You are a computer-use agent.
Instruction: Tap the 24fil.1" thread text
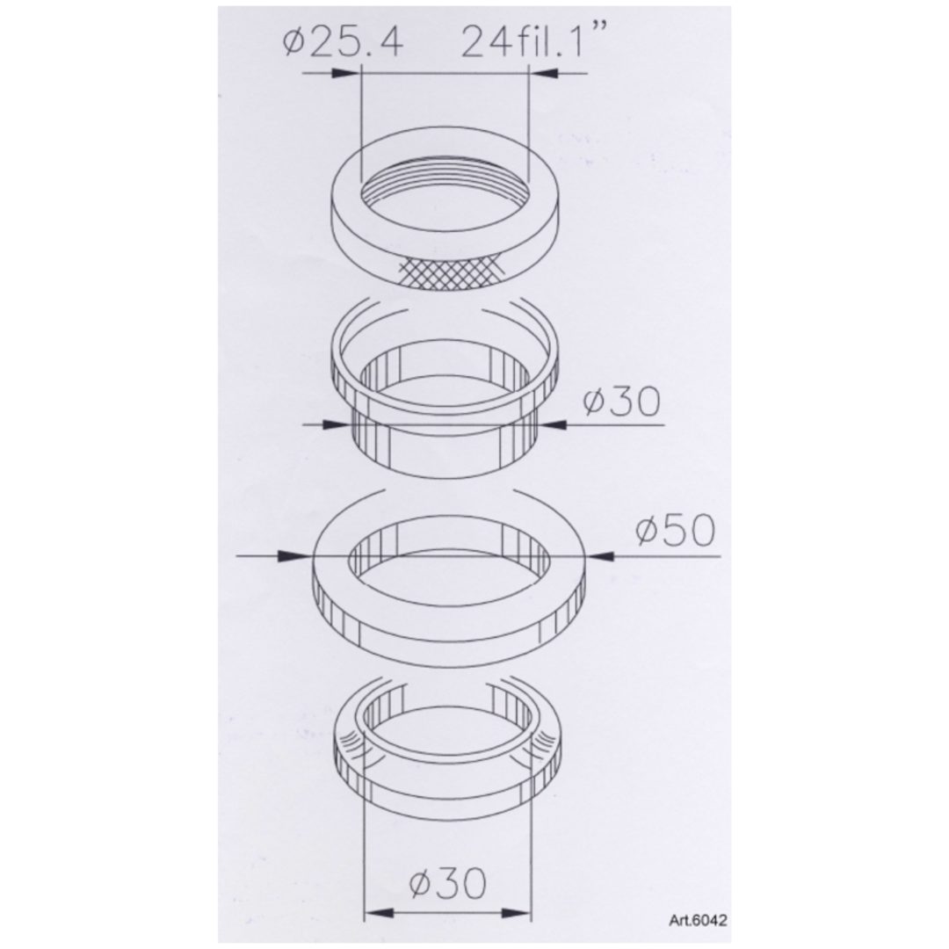(x=525, y=42)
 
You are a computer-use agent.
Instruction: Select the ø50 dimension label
(x=675, y=531)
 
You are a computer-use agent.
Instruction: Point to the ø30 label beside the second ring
(x=621, y=402)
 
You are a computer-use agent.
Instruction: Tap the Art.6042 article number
(x=698, y=921)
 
